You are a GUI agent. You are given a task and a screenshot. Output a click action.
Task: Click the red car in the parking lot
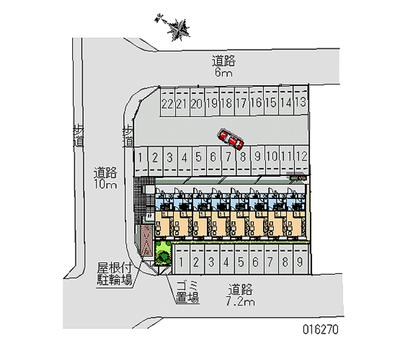231,139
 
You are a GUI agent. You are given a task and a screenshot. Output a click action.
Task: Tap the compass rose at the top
177,28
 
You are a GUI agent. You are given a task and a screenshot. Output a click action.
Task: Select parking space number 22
167,103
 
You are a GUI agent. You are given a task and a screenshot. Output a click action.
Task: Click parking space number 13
300,103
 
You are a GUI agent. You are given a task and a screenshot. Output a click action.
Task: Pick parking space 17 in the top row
241,103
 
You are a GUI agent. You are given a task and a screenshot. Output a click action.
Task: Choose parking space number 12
301,157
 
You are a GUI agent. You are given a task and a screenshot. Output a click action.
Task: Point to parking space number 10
272,157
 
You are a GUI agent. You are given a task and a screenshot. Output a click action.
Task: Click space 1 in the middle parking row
141,157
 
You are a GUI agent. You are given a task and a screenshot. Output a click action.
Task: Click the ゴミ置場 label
187,293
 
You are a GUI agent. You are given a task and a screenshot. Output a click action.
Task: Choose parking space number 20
197,103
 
